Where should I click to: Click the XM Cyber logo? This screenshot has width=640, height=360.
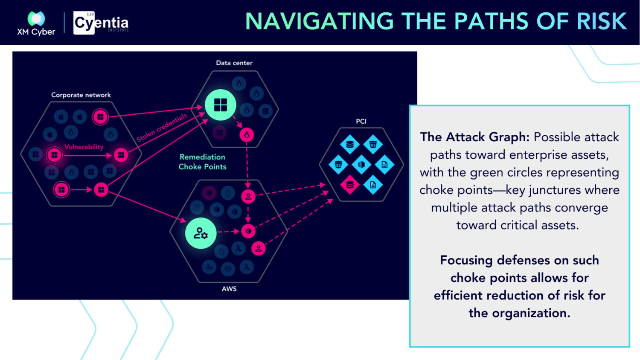(36, 23)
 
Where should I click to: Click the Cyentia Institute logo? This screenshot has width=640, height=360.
(101, 23)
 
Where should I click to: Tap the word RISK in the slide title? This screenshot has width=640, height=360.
(602, 21)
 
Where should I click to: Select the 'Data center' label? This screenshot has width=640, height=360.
(234, 63)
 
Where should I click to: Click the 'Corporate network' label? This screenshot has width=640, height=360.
(81, 95)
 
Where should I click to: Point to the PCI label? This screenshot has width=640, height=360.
(361, 121)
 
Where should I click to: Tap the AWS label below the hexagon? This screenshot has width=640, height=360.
(229, 289)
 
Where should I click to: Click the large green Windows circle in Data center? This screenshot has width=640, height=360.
(220, 105)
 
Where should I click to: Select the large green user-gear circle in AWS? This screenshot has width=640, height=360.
(201, 233)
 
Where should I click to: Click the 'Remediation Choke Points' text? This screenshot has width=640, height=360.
(202, 162)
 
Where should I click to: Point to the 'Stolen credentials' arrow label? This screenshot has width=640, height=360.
(162, 128)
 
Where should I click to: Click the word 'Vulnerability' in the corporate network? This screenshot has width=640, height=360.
(84, 147)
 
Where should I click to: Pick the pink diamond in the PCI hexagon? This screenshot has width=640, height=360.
(350, 185)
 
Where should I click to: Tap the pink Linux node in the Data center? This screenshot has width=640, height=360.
(247, 135)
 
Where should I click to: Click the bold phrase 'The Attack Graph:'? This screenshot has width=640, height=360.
(474, 137)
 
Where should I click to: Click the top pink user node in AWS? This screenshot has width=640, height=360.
(248, 197)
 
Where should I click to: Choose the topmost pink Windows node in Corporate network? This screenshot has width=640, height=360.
(100, 116)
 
